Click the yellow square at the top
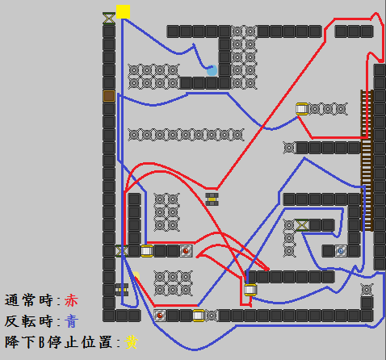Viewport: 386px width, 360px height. (x=123, y=12)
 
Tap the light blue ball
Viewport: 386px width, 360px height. (x=212, y=70)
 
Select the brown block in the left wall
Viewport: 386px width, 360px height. (x=109, y=96)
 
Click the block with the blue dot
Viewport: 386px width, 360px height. (x=341, y=251)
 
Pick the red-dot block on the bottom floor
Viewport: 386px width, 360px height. (x=160, y=316)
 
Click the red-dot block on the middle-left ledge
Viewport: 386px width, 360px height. (x=186, y=251)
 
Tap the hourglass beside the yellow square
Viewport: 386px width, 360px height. (x=109, y=19)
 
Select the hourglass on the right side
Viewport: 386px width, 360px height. (x=302, y=225)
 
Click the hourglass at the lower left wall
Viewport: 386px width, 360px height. (x=121, y=251)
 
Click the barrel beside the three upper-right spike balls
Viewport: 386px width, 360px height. (x=302, y=109)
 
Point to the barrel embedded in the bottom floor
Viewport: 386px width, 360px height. (x=199, y=316)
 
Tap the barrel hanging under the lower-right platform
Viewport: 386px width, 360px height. (x=250, y=290)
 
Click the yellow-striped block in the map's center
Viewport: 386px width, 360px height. (x=212, y=199)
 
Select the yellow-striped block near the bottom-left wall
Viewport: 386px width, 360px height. (x=121, y=290)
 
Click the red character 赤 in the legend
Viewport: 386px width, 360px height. (x=71, y=300)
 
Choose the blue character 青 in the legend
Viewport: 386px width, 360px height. (x=71, y=321)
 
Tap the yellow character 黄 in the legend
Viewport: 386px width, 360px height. (x=132, y=342)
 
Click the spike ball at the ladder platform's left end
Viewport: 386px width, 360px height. (x=289, y=148)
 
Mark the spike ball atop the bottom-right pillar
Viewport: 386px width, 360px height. (x=367, y=290)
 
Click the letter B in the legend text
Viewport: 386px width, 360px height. (x=41, y=342)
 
